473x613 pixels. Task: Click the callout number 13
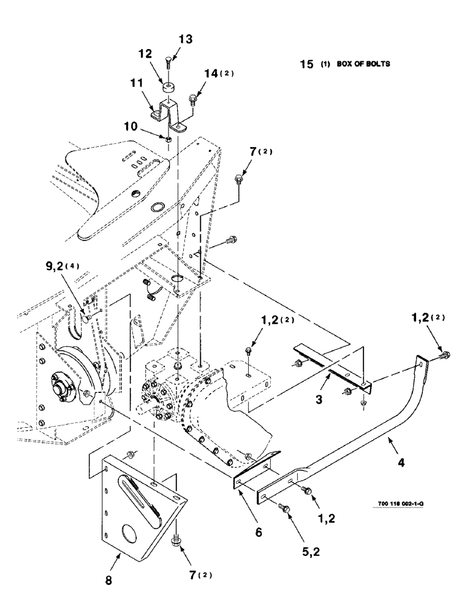[x=186, y=39]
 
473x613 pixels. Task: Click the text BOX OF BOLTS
[x=363, y=63]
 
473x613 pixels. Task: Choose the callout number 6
[x=258, y=532]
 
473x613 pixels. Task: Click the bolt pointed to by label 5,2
[x=283, y=506]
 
